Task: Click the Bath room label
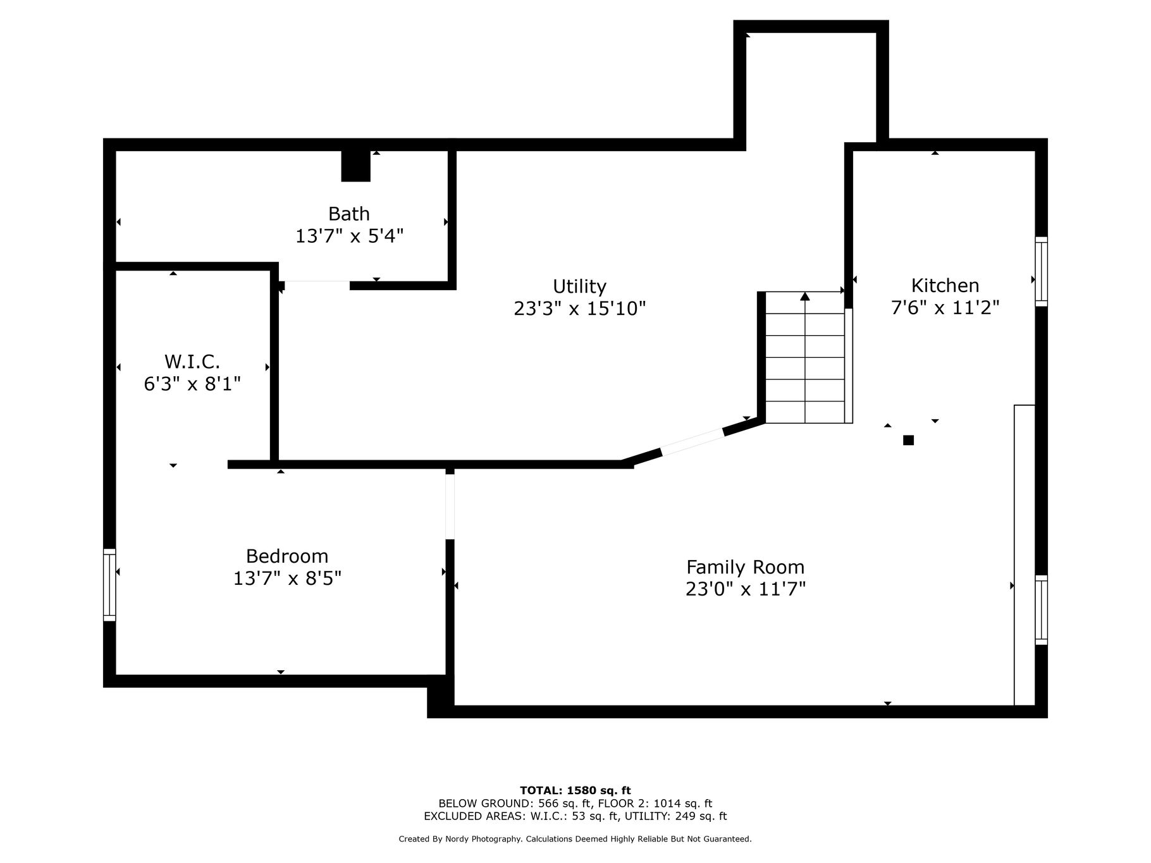click(x=348, y=214)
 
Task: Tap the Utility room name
click(x=579, y=286)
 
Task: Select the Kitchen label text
click(x=945, y=285)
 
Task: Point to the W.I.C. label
click(x=192, y=362)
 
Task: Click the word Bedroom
click(x=287, y=556)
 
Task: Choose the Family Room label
click(x=746, y=567)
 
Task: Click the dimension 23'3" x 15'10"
click(x=580, y=309)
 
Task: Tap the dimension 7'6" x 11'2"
click(x=945, y=307)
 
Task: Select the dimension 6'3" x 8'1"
click(x=192, y=384)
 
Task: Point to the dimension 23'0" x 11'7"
click(x=746, y=589)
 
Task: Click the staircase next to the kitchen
click(x=805, y=357)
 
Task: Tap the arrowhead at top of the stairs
click(x=805, y=296)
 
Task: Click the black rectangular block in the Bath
click(x=355, y=166)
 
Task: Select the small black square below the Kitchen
click(x=908, y=440)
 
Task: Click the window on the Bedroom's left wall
click(x=109, y=585)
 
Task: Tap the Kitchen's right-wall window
click(x=1041, y=272)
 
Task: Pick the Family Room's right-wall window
click(x=1041, y=610)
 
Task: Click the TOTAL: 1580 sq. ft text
click(x=575, y=790)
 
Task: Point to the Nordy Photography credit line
click(x=575, y=839)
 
